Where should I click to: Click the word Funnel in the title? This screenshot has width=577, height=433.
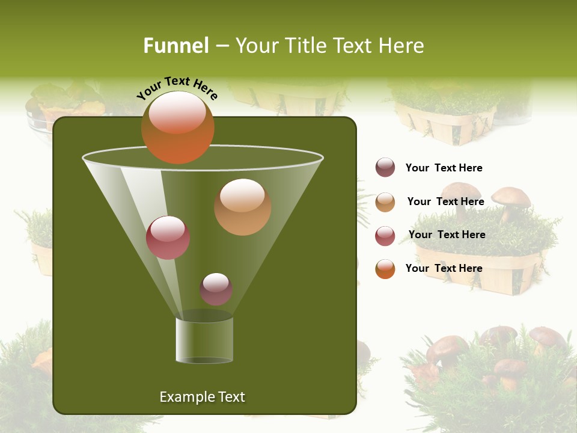[176, 46]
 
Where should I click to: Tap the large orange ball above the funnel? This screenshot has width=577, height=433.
[177, 127]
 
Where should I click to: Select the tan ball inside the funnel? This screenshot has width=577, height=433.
[242, 206]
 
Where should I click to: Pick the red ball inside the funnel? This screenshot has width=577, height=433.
[168, 238]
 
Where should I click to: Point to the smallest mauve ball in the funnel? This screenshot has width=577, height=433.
[216, 289]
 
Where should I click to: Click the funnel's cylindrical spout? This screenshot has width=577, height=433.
[204, 340]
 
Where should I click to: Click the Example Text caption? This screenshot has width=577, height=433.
[202, 397]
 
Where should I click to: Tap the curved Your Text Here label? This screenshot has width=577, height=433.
[177, 88]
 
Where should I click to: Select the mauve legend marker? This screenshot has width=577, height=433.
[385, 167]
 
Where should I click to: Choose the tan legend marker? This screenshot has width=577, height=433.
[385, 202]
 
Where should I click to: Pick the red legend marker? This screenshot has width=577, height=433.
[385, 235]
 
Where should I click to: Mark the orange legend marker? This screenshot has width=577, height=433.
[385, 269]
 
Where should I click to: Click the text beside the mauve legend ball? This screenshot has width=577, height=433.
[444, 168]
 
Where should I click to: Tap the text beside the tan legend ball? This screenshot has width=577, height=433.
[445, 202]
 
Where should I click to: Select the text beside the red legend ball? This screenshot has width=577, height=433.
[447, 235]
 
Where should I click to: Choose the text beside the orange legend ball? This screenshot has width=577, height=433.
[444, 268]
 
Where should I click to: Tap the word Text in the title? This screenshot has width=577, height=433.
[353, 46]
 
